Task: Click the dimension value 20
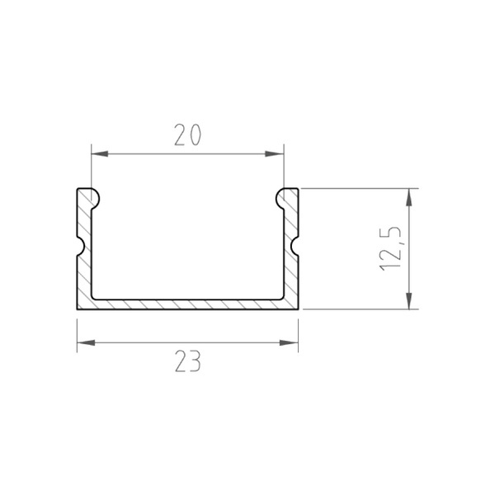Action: (187, 134)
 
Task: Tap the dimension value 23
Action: (188, 361)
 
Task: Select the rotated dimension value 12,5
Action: (390, 249)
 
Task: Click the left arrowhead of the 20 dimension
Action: (100, 154)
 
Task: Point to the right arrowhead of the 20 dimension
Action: (275, 154)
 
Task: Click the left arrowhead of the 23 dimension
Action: (86, 342)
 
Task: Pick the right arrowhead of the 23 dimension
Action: (289, 342)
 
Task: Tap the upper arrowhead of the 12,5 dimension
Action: (409, 197)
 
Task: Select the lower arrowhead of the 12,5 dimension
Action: (409, 300)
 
